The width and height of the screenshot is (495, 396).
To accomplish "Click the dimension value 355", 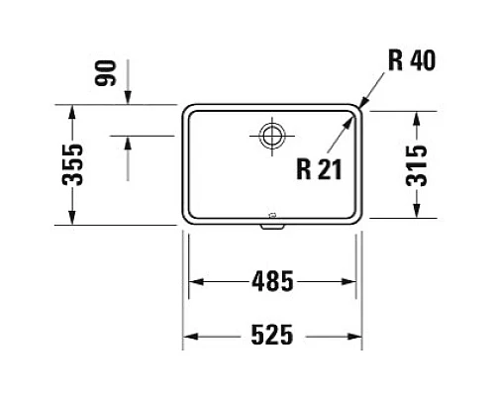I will coord(68,165).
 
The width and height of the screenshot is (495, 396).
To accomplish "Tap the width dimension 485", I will coord(272,282).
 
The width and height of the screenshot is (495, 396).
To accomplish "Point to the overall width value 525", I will coord(272,335).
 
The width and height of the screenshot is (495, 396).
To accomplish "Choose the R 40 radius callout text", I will coord(410,61).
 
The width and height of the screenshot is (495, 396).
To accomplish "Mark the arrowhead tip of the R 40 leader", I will coord(362,107).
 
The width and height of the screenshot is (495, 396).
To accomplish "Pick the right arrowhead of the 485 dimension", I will coord(353,282).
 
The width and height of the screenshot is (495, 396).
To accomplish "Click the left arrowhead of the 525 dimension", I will coord(186,335).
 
